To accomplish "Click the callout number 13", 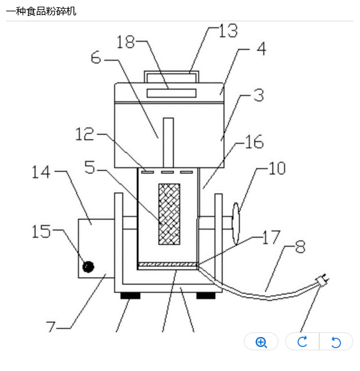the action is point(228,31).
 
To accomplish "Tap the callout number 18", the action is point(126,42).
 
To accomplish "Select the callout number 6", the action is point(96,57).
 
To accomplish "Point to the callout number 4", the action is point(261,49).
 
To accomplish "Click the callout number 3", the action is point(258,95).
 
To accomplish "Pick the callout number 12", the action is point(85,134).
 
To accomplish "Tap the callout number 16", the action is point(254,141).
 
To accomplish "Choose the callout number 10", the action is point(277,168).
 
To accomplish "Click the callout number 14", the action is point(41,171).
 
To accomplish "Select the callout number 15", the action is point(41,231).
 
